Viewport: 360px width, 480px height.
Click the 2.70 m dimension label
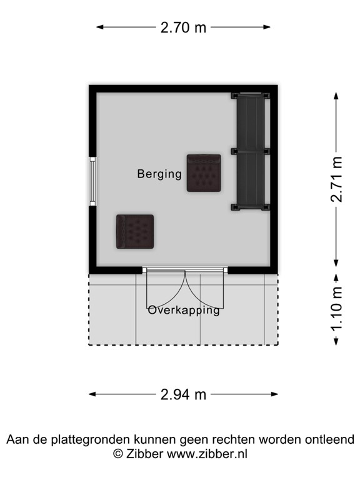click(183, 27)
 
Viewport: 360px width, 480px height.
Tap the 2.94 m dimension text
click(183, 394)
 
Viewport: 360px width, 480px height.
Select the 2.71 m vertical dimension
click(337, 179)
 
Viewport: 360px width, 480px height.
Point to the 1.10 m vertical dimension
click(337, 309)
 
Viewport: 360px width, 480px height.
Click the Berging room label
click(159, 174)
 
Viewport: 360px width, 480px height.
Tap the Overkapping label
click(184, 310)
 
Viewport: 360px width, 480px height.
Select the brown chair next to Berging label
click(204, 173)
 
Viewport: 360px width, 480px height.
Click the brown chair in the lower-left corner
click(134, 231)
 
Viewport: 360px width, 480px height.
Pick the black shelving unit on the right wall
click(251, 151)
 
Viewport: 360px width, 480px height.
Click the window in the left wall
click(92, 181)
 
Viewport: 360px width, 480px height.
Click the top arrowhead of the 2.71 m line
click(337, 96)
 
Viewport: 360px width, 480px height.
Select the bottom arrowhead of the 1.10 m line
click(337, 341)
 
